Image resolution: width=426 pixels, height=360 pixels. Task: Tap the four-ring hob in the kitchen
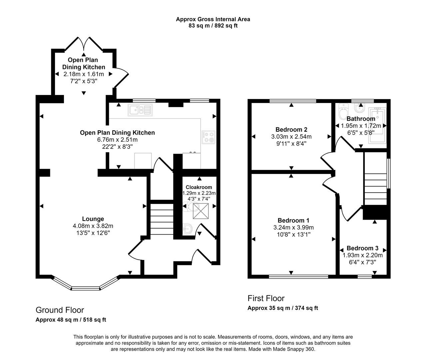pyautogui.click(x=208, y=137)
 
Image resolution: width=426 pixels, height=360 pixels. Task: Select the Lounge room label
pyautogui.click(x=93, y=219)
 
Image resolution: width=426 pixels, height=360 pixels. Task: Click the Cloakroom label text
pyautogui.click(x=199, y=187)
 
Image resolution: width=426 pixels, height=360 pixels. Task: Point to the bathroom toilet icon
pyautogui.click(x=342, y=112)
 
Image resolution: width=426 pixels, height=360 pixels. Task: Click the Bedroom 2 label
pyautogui.click(x=291, y=130)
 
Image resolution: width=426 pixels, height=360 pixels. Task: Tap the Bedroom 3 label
pyautogui.click(x=362, y=248)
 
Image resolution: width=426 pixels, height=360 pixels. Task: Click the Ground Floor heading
pyautogui.click(x=60, y=310)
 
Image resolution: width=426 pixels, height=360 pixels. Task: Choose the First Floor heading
pyautogui.click(x=266, y=298)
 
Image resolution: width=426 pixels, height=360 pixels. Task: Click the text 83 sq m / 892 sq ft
pyautogui.click(x=213, y=26)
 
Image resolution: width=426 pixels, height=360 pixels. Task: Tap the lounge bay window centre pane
pyautogui.click(x=86, y=288)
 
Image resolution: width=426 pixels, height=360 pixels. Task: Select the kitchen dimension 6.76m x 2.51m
pyautogui.click(x=117, y=140)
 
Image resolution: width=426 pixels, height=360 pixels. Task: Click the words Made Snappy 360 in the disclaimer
pyautogui.click(x=293, y=349)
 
